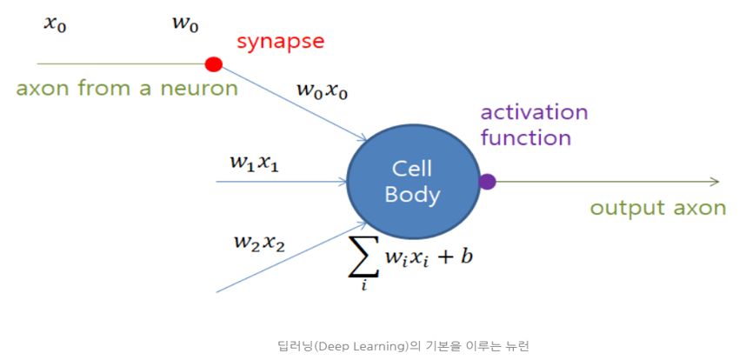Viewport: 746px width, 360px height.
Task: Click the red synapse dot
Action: (x=213, y=63)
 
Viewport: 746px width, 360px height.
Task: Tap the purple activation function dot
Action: (x=488, y=182)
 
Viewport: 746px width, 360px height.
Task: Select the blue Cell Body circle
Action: (x=413, y=182)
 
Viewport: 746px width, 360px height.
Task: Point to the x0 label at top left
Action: (x=55, y=23)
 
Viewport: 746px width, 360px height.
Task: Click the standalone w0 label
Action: (x=186, y=23)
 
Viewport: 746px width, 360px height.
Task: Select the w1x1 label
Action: (x=254, y=162)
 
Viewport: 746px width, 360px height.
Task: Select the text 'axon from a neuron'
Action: (x=127, y=89)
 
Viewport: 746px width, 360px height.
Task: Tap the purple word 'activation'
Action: (x=534, y=112)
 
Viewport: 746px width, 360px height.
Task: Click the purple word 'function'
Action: (x=526, y=137)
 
